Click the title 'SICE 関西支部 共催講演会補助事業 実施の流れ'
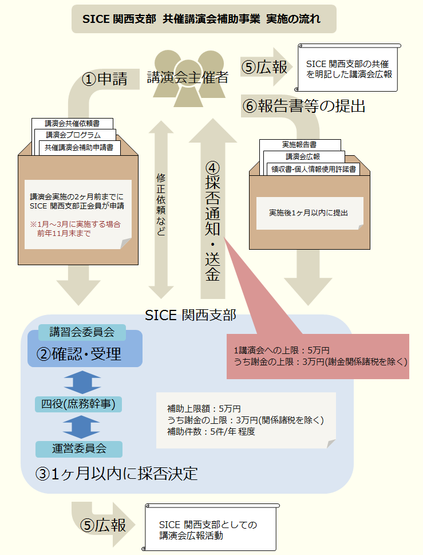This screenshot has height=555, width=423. [x=204, y=19]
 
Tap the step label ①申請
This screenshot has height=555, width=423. [x=105, y=79]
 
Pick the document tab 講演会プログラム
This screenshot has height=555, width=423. [x=74, y=135]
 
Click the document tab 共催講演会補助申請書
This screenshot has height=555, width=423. [x=79, y=147]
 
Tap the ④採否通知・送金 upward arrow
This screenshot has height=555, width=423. [x=212, y=218]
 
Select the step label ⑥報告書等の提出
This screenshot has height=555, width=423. [x=304, y=106]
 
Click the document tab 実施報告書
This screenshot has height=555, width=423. [x=299, y=144]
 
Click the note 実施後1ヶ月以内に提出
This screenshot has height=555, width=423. [x=309, y=212]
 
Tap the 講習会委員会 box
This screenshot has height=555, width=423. [x=82, y=332]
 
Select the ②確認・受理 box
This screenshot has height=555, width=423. [x=85, y=354]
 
